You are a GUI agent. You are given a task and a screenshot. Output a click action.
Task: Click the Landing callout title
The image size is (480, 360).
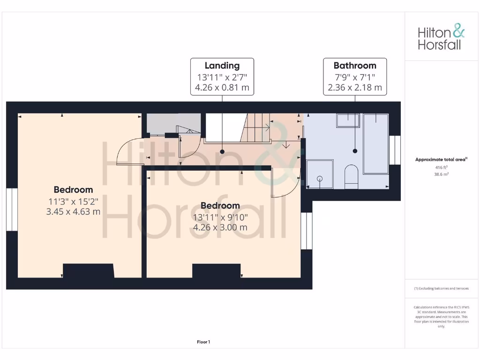click(222, 66)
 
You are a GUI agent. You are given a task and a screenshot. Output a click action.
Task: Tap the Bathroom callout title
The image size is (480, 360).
click(355, 66)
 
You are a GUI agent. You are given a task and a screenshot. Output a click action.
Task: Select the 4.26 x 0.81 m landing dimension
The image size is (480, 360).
click(222, 87)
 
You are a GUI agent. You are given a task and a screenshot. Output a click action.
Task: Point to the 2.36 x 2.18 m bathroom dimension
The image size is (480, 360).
click(355, 87)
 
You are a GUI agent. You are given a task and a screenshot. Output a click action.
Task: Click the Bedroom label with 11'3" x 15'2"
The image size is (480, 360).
click(73, 190)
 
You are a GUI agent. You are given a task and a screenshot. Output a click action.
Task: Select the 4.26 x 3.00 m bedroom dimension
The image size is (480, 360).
click(220, 227)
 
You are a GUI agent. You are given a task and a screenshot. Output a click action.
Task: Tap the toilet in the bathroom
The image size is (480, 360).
click(351, 176)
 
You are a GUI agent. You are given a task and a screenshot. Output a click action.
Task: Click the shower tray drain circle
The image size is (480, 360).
click(320, 178)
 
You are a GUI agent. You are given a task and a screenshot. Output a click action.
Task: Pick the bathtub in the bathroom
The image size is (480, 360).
click(376, 143)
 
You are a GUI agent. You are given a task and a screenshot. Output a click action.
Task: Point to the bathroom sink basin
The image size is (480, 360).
click(347, 120)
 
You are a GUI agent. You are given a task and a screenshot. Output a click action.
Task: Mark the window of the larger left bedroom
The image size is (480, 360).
click(12, 210)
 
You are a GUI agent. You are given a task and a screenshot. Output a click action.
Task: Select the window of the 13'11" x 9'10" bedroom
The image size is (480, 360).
click(307, 231)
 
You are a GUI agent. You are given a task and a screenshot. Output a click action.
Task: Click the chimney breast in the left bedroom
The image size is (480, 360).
click(89, 271)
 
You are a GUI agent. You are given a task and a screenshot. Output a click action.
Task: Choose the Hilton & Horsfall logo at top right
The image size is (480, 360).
click(441, 38)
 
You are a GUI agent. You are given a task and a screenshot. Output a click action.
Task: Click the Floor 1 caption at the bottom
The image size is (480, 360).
click(203, 342)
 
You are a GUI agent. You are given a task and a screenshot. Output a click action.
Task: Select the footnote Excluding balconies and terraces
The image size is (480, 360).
click(441, 288)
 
